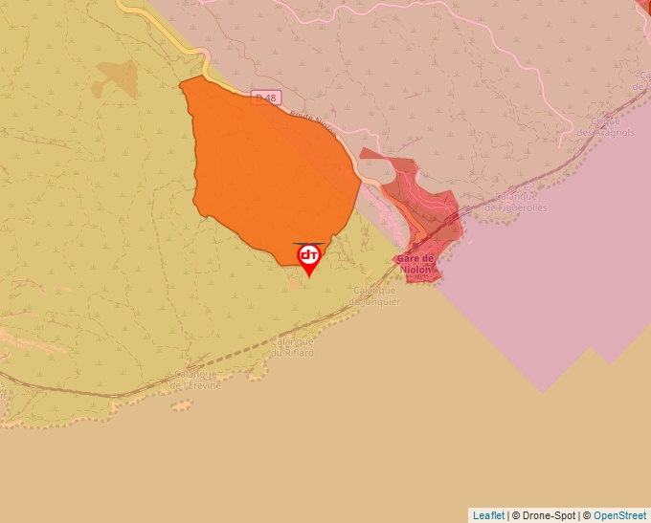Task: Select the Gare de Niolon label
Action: point(415,263)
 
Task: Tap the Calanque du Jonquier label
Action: point(375,295)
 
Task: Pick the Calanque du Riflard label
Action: point(293,347)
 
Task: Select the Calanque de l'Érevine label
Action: point(195,381)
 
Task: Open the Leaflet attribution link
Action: point(488,515)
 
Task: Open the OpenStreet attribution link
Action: point(619,515)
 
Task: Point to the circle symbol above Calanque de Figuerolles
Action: point(528,188)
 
